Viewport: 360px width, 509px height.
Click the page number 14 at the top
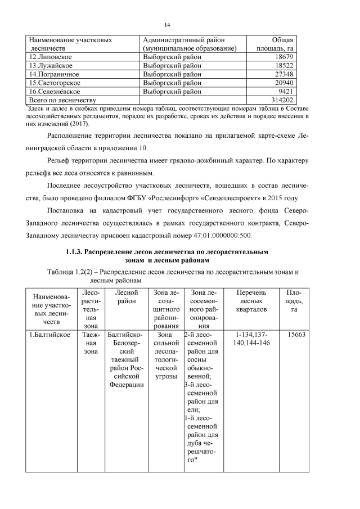(x=167, y=25)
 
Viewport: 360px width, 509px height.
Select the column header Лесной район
(x=126, y=297)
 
